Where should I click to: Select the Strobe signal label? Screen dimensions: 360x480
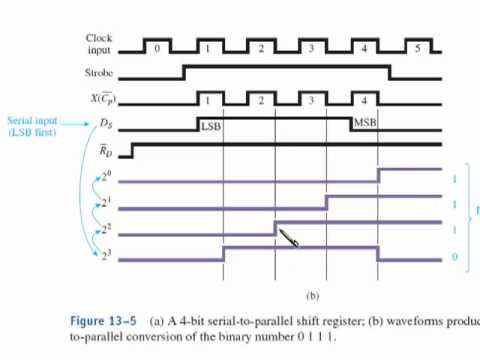coord(98,73)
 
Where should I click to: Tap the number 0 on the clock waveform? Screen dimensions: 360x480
coord(156,47)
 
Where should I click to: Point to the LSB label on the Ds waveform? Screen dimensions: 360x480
coord(210,126)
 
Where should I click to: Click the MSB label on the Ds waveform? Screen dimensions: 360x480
coord(364,123)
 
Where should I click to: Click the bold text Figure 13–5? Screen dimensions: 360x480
coord(102,321)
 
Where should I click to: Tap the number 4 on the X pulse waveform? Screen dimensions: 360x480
coord(364,100)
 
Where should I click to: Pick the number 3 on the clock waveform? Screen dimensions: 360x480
coord(312,47)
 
